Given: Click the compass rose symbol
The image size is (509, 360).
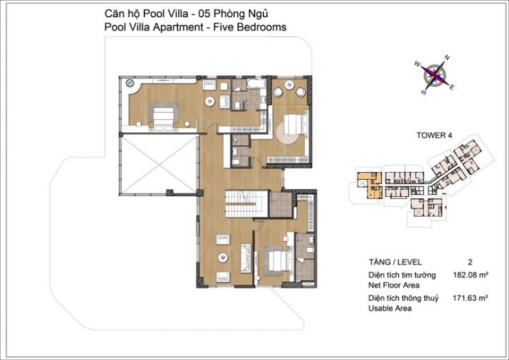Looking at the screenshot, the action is [x=435, y=75].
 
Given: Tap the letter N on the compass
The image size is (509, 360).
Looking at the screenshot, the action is [x=447, y=58].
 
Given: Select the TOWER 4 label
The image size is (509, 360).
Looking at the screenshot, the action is [x=434, y=135].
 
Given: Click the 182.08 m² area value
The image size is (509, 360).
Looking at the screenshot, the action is [x=470, y=275].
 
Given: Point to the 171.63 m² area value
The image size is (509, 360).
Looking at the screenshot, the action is [x=470, y=297].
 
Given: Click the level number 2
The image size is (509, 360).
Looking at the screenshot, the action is [x=470, y=262].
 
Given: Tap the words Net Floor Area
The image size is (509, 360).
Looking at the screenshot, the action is [x=393, y=285].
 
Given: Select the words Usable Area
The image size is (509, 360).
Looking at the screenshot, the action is [x=390, y=308].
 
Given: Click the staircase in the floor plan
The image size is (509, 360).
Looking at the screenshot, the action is [x=247, y=204].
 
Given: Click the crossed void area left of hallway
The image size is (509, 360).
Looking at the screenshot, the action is [x=159, y=165].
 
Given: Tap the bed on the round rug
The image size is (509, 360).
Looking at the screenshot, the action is [x=294, y=124].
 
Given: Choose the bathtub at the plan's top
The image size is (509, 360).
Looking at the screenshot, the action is [x=257, y=83].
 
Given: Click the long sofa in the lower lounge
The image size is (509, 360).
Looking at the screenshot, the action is [x=246, y=258].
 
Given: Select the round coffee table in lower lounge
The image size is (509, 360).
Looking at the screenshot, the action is [x=223, y=257].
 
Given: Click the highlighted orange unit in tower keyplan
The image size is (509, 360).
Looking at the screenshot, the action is [x=370, y=185].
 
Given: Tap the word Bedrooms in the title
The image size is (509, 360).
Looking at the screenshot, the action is [x=261, y=27].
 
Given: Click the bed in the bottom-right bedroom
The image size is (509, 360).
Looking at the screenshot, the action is [x=277, y=262].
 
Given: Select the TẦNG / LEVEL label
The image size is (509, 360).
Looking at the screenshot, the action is [x=395, y=262].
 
